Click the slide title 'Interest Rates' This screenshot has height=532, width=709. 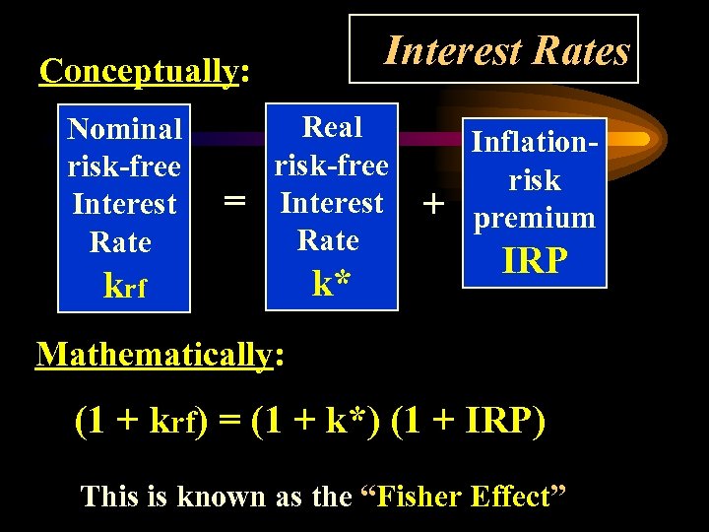coord(506,50)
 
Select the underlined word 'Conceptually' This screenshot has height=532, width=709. coord(139,71)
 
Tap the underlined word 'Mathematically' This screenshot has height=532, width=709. coord(153,354)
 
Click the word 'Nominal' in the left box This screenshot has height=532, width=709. coord(124,129)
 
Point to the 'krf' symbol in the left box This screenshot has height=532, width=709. coord(125,285)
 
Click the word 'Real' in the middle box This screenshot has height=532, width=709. coord(333,127)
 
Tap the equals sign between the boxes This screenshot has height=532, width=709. coord(233,201)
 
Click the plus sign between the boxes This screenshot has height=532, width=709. coord(431,203)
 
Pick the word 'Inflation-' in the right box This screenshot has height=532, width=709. coord(536,142)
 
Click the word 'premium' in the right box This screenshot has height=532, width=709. coord(535,218)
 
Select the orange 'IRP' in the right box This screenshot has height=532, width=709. coord(535,260)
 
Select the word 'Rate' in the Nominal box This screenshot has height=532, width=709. coord(120,242)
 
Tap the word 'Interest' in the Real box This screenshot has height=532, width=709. coord(332,203)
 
